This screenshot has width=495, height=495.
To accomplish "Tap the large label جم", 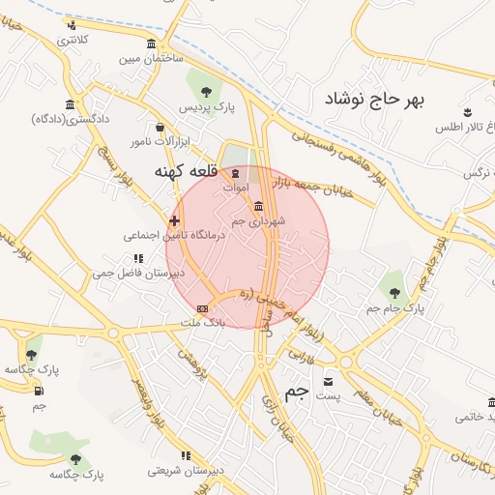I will point(298,391).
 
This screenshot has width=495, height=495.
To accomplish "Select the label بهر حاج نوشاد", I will point(374,100).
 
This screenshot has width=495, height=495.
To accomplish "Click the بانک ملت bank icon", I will point(202,308).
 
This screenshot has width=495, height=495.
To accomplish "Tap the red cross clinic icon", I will point(174,221).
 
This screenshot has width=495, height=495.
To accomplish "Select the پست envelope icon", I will point(328,382).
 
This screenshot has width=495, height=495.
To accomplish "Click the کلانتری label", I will point(72,40).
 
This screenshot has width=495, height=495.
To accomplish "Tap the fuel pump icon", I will point(40,391).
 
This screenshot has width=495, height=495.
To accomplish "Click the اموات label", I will point(236,186).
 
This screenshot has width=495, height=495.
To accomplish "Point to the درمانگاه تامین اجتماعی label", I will point(174,235).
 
